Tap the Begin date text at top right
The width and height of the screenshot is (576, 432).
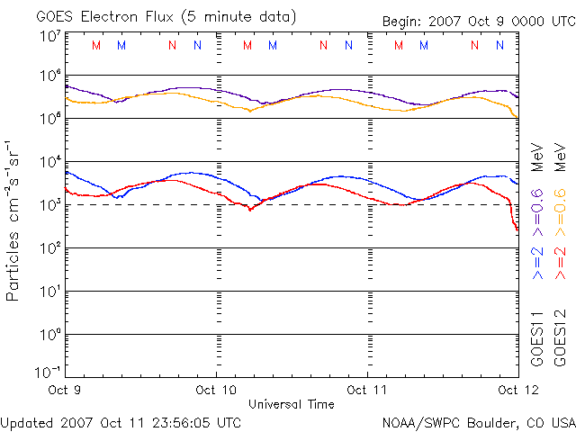pyautogui.click(x=477, y=21)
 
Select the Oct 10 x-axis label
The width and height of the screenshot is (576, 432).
pyautogui.click(x=217, y=391)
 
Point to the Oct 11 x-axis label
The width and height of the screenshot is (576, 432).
pyautogui.click(x=367, y=391)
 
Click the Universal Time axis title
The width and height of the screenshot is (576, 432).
pyautogui.click(x=292, y=404)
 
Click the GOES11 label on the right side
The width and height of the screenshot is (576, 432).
pyautogui.click(x=537, y=338)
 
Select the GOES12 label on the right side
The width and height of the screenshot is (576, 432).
pyautogui.click(x=559, y=338)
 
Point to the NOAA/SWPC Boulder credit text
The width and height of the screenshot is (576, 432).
pyautogui.click(x=478, y=421)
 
